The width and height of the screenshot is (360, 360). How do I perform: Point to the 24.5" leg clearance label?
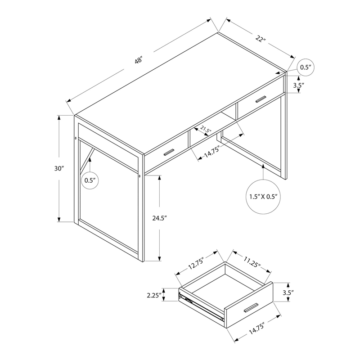tap(159, 218)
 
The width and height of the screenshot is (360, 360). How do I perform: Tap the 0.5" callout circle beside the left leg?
tap(90, 180)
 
